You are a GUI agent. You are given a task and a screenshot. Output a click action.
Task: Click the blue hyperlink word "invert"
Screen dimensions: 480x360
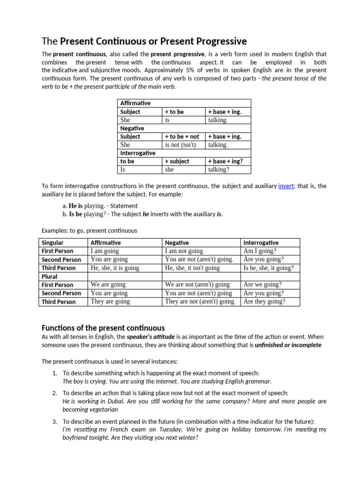click(x=285, y=186)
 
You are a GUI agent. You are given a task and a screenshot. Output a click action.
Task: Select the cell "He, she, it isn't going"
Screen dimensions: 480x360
click(x=192, y=268)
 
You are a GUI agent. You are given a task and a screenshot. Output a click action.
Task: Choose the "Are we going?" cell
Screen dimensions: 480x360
click(x=262, y=285)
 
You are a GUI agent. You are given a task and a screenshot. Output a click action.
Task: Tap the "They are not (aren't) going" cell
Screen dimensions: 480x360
click(x=200, y=301)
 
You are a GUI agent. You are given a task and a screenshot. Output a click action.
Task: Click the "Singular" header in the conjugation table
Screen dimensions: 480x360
click(x=52, y=242)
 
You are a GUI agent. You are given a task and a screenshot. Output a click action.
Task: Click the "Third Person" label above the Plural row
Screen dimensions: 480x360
click(x=59, y=268)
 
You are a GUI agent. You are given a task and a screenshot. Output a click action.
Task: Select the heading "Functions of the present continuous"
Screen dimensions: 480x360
click(x=103, y=328)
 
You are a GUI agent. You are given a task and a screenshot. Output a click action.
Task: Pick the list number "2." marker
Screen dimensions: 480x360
click(x=55, y=393)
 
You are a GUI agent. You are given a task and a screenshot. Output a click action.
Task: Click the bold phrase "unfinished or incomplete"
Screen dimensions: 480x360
click(x=288, y=345)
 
